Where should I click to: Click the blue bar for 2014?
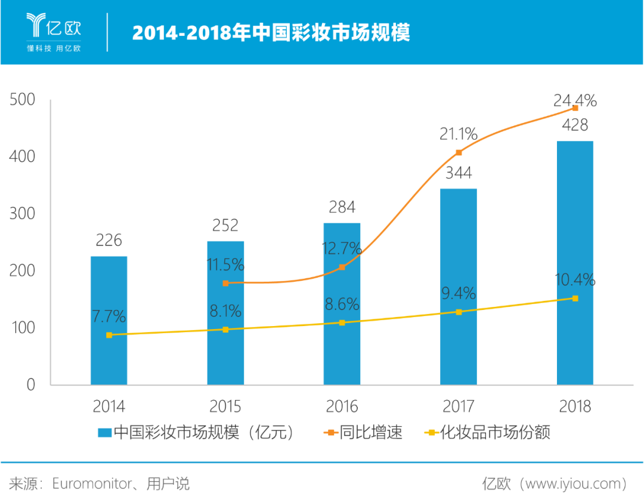[x=109, y=319]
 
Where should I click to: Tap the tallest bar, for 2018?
[x=575, y=263]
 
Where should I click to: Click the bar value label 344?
[x=459, y=173]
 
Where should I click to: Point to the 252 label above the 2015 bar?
[x=225, y=225]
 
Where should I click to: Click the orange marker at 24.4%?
[x=575, y=108]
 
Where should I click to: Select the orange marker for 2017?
[x=459, y=153]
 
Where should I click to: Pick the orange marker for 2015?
[x=225, y=283]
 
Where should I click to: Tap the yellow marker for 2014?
[x=109, y=335]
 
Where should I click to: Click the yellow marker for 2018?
[x=575, y=298]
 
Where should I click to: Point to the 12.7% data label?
[x=342, y=248]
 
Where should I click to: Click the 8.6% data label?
[x=342, y=304]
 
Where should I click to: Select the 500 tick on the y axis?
[x=23, y=100]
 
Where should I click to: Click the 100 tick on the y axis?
[x=23, y=328]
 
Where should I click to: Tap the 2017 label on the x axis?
[x=459, y=407]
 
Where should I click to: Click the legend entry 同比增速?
[x=364, y=432]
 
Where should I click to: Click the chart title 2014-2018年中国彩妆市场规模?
[x=271, y=32]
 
